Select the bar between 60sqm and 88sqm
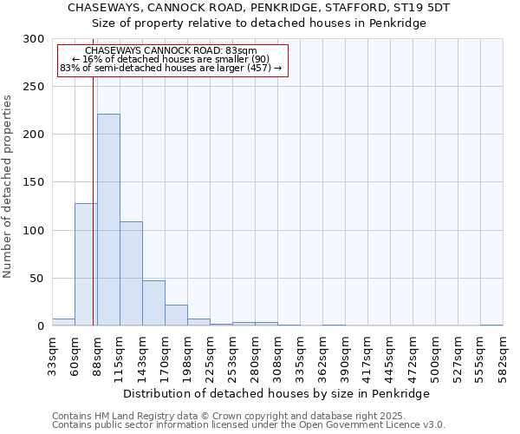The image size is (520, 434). pyautogui.click(x=86, y=265)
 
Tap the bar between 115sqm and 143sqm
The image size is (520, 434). pyautogui.click(x=131, y=273)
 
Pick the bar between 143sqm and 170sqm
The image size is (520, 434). pyautogui.click(x=153, y=303)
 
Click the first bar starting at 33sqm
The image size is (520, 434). pyautogui.click(x=63, y=322)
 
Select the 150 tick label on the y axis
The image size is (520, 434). pyautogui.click(x=34, y=183)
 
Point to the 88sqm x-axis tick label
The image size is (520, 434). pyautogui.click(x=97, y=354)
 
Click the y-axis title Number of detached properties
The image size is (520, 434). pyautogui.click(x=8, y=187)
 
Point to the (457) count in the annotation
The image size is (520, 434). pyautogui.click(x=258, y=68)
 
